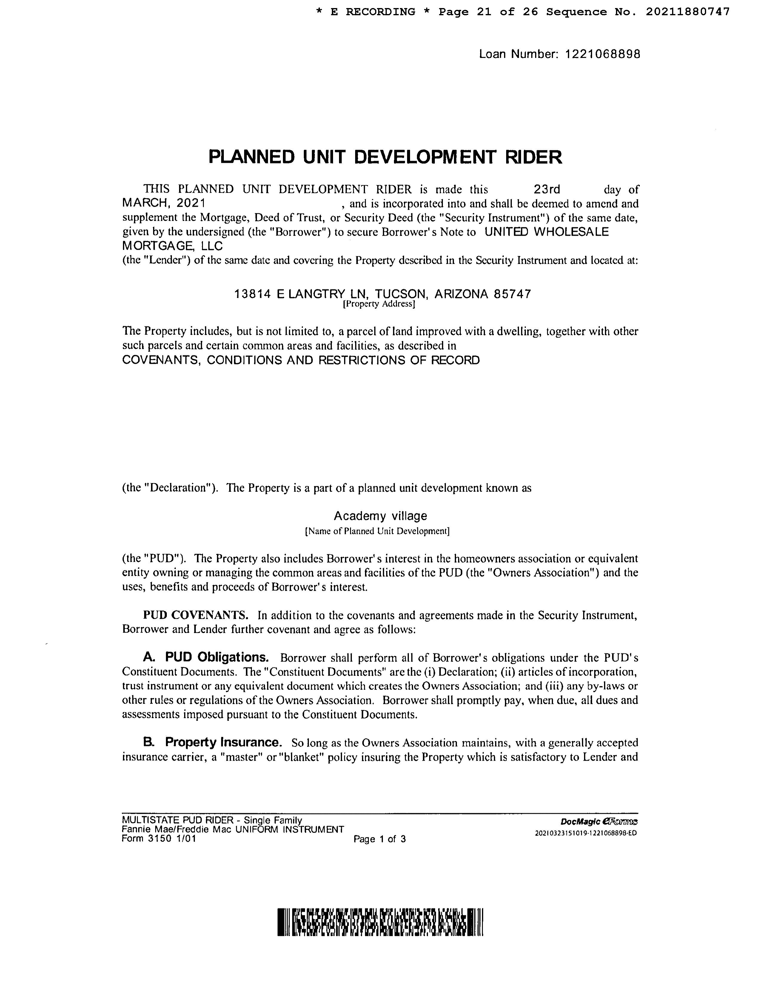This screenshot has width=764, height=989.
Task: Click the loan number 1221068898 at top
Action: [x=603, y=54]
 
